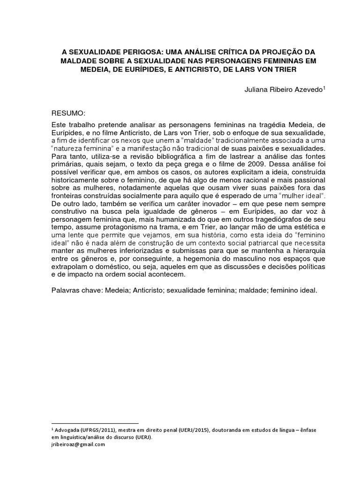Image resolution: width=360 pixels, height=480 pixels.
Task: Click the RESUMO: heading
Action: click(68, 114)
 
